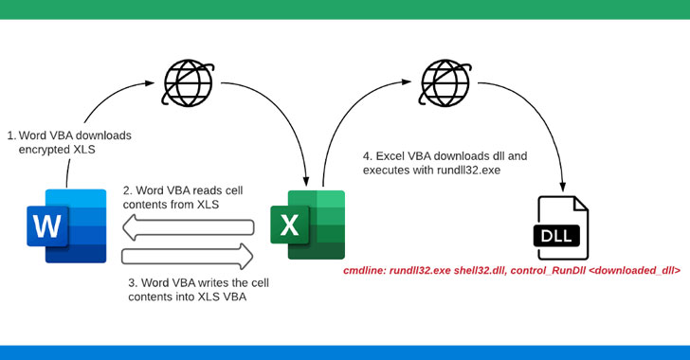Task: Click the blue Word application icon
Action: tap(67, 225)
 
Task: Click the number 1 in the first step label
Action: tap(9, 135)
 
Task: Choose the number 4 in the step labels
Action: tap(368, 155)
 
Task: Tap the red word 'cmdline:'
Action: tap(365, 270)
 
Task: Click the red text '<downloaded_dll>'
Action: tap(632, 270)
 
